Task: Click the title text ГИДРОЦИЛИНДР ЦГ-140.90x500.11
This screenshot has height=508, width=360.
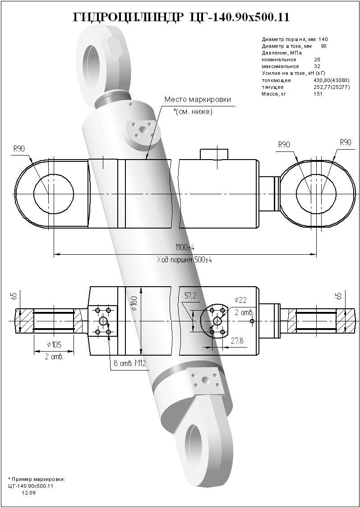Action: pos(180,17)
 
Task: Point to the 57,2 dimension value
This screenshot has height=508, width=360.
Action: pos(191,296)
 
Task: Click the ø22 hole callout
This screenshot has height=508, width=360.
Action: pos(240,300)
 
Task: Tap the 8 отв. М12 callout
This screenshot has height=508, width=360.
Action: pos(129,364)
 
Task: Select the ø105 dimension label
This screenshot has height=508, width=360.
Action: pos(54,345)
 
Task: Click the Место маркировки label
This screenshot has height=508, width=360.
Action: pos(197,100)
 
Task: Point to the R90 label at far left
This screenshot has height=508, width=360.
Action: pos(19,148)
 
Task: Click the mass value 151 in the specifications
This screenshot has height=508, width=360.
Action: pos(318,94)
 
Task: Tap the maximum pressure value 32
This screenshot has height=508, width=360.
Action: pos(317,66)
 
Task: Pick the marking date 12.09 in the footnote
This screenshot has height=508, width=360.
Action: pos(28,493)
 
